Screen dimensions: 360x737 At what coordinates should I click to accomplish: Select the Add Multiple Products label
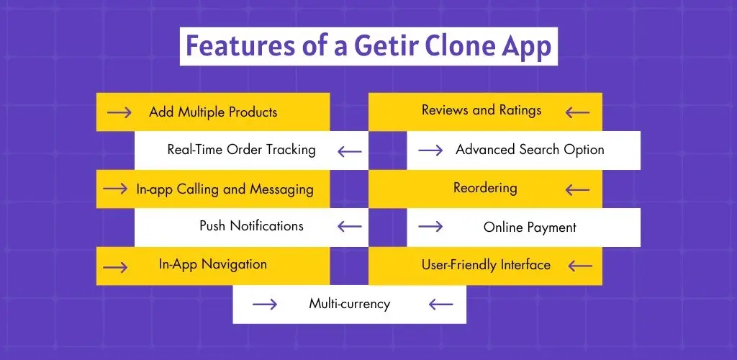point(213,112)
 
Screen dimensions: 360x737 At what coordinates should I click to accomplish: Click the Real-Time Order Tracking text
point(241,150)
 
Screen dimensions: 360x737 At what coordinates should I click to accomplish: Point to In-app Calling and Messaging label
point(225,189)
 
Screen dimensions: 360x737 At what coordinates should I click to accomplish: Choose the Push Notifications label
point(251,226)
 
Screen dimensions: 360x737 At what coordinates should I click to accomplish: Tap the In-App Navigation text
point(212,264)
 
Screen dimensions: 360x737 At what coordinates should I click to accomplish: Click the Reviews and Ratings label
point(481,110)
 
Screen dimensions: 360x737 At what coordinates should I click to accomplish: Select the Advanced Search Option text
point(530,150)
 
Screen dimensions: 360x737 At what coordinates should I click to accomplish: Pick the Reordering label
point(485,188)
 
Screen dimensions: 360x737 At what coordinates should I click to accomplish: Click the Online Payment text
point(530,228)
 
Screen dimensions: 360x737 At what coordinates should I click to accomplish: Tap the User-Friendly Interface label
point(486,265)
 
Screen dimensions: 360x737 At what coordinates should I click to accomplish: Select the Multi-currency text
point(349,304)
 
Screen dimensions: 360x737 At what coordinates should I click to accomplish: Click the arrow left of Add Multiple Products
point(119,113)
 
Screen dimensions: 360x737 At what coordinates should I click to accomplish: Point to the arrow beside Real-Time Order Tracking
point(350,151)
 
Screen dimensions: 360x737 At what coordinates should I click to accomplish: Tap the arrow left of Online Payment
point(430,227)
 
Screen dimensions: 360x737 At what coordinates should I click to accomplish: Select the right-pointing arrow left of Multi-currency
point(264,305)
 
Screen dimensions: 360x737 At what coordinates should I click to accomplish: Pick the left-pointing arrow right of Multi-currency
point(440,305)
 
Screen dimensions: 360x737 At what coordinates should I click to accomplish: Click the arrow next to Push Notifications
point(350,227)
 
